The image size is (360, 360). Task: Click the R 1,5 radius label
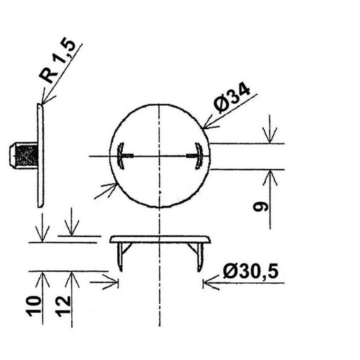(57, 61)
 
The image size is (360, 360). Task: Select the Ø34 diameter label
(232, 98)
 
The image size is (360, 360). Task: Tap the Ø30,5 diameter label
(251, 271)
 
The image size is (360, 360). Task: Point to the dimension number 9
(260, 207)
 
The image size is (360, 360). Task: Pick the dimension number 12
(63, 304)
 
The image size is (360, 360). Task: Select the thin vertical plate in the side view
(40, 155)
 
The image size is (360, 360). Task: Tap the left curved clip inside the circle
(121, 156)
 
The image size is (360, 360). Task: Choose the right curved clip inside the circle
(199, 156)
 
